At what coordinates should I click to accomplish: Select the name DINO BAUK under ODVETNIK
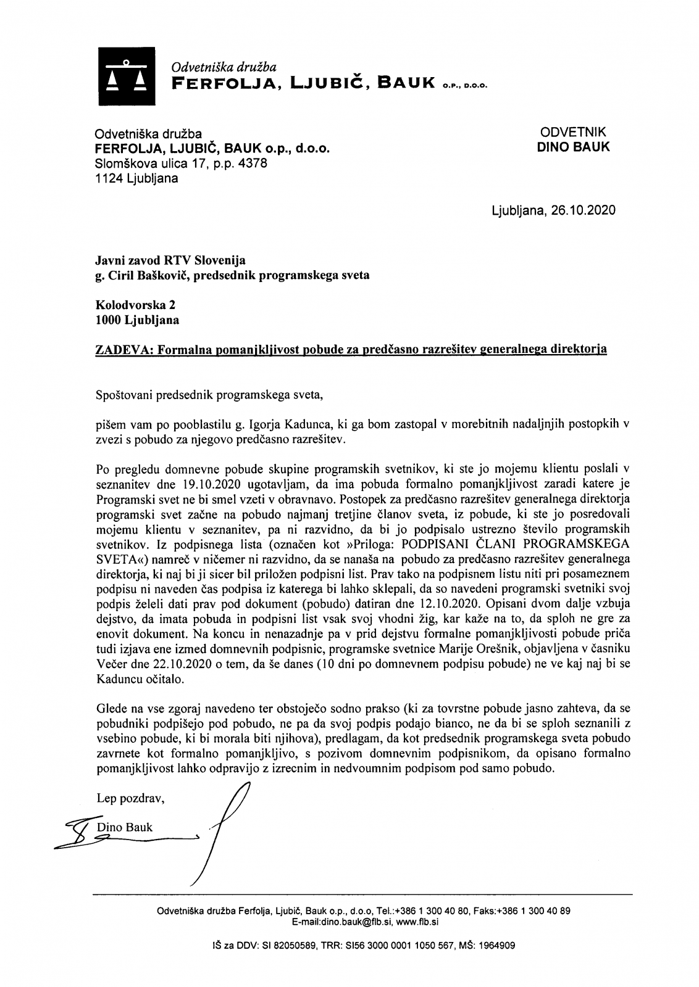click(x=574, y=147)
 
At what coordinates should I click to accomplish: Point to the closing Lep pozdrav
click(x=130, y=799)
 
